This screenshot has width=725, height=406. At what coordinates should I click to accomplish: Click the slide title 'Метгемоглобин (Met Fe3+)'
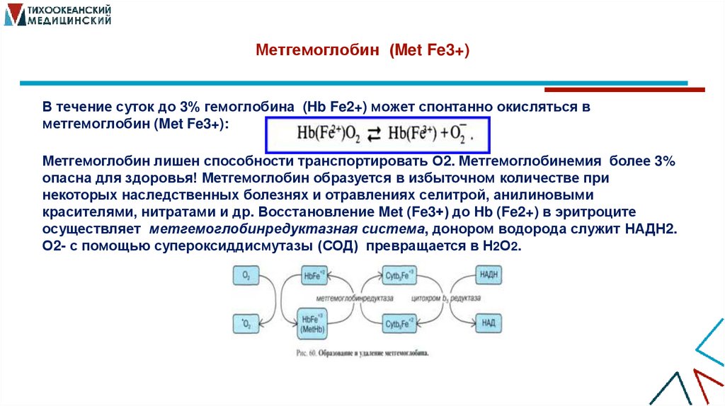pyautogui.click(x=362, y=52)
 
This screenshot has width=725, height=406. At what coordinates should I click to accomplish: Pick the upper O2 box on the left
pyautogui.click(x=246, y=276)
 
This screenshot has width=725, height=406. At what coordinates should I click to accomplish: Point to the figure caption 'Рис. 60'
pyautogui.click(x=362, y=351)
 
